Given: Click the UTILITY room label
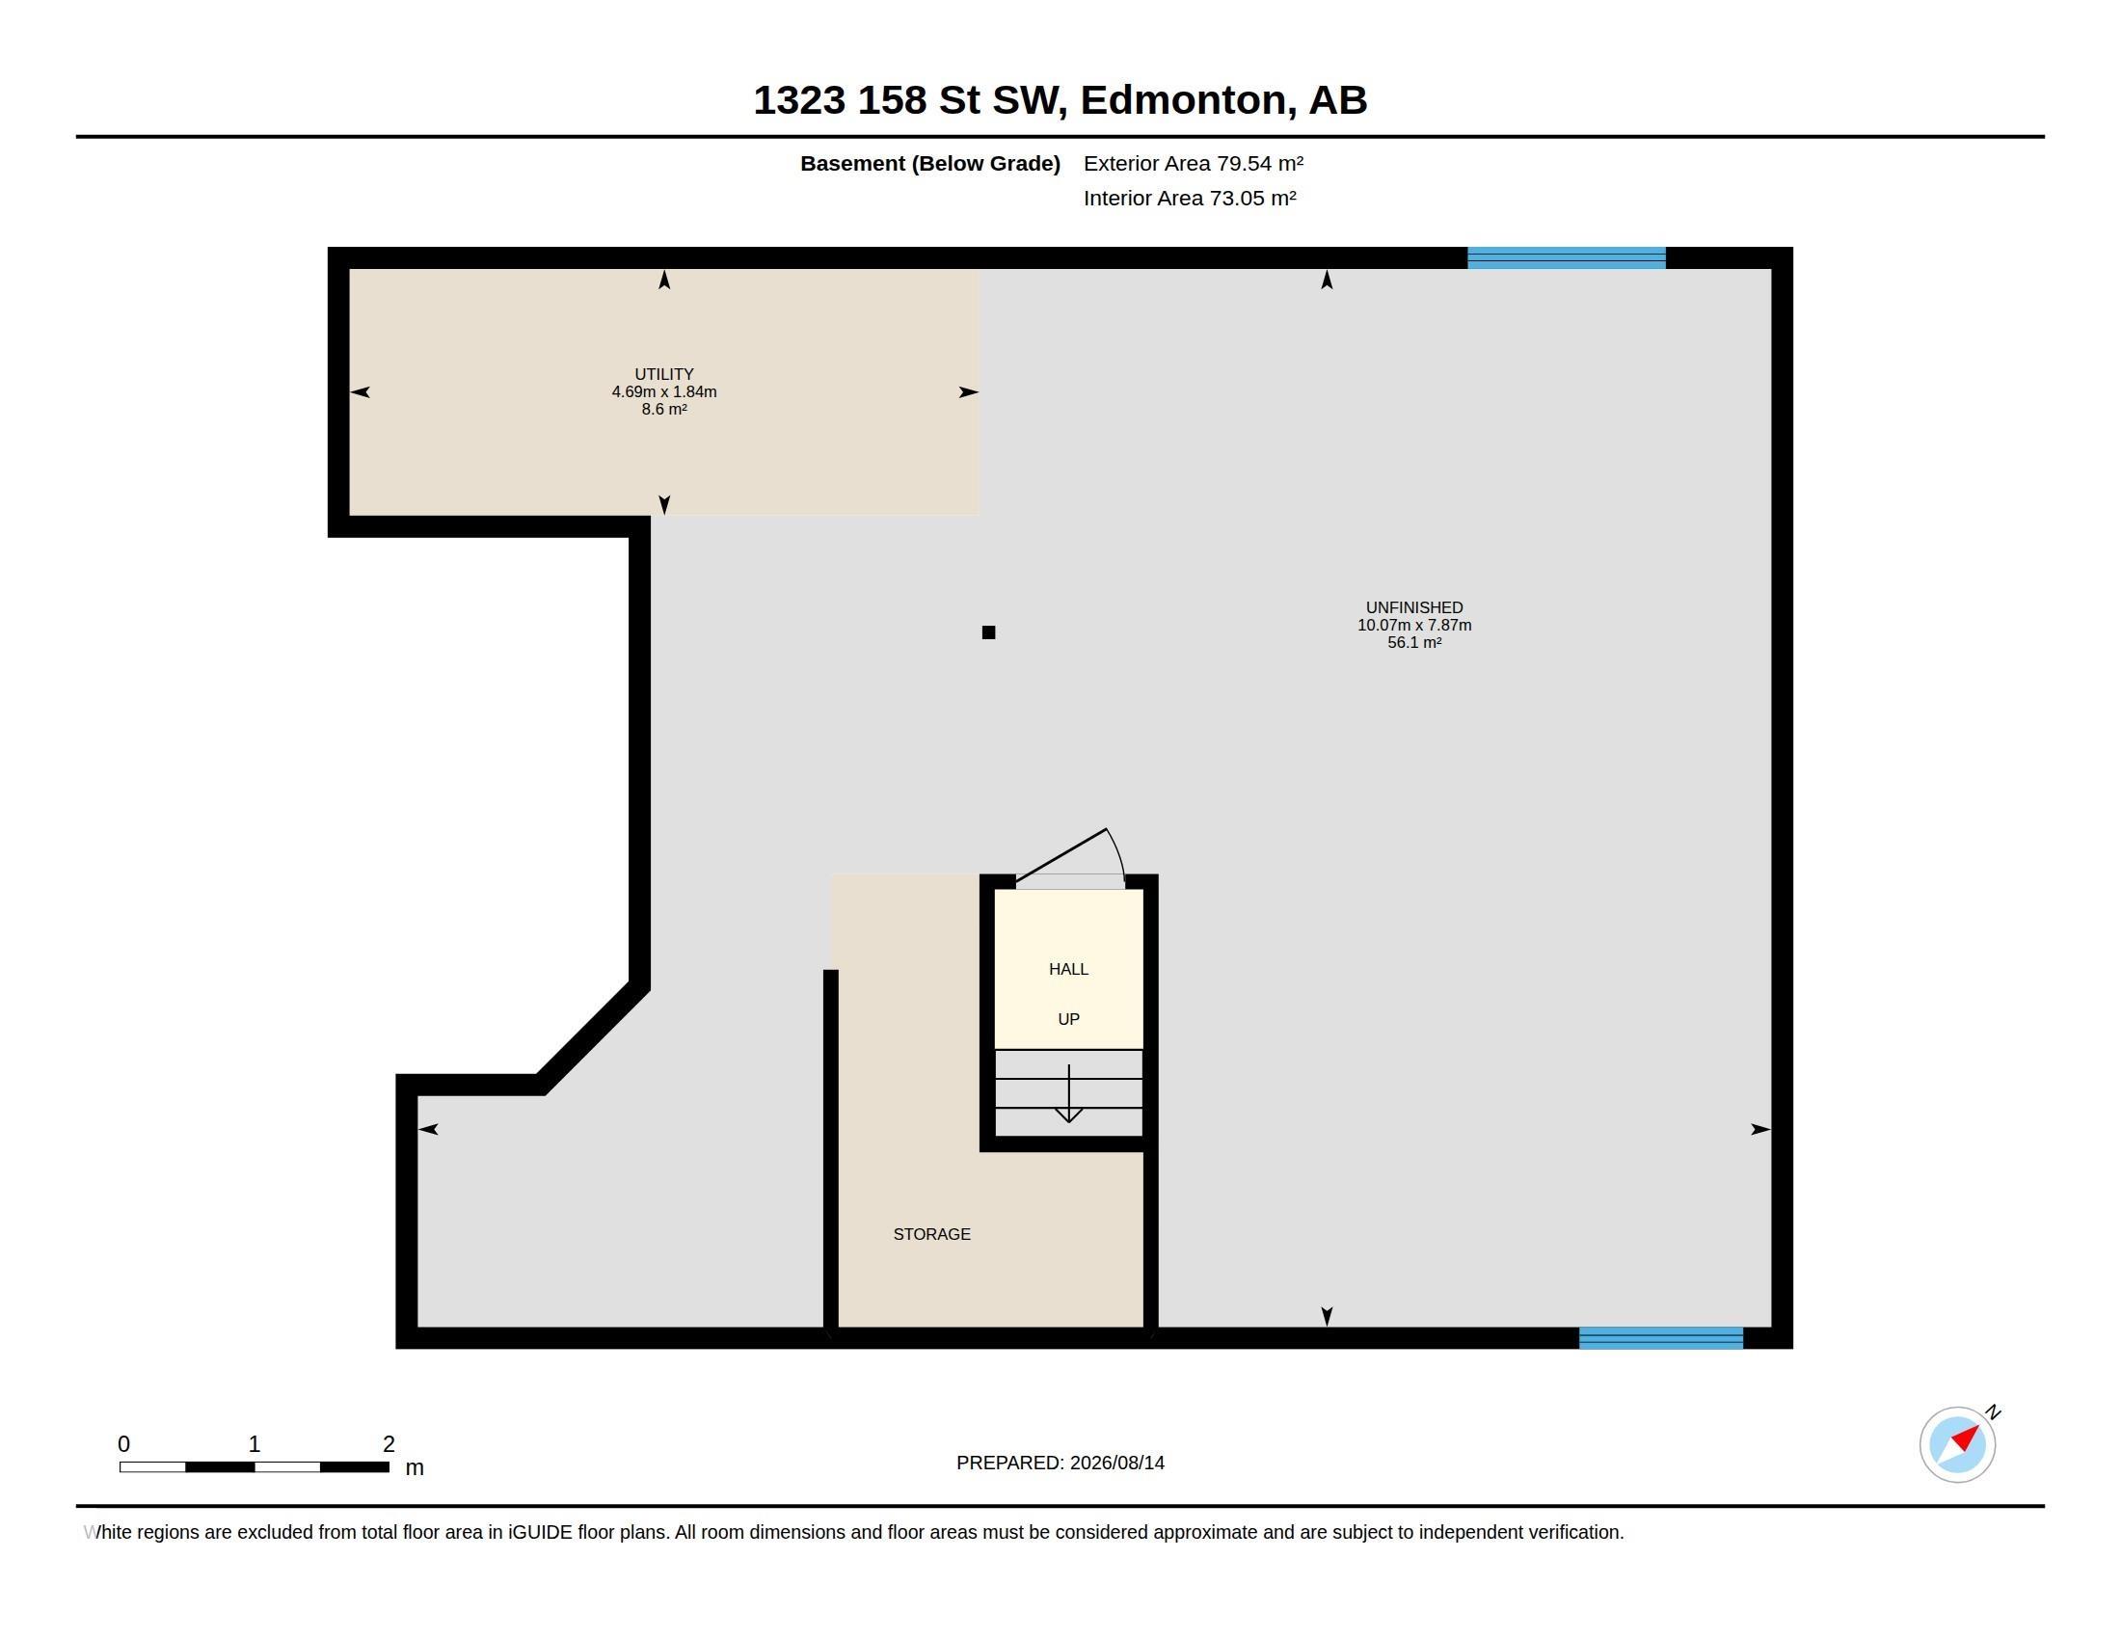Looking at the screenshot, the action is (664, 374).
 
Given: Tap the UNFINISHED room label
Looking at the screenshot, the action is (1414, 607).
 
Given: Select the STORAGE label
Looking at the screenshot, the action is (931, 1234).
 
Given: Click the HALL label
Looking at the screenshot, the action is (1068, 969).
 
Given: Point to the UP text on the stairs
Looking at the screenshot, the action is (1068, 1019).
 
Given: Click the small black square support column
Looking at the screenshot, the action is (988, 632).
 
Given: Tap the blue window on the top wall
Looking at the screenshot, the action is (1567, 257).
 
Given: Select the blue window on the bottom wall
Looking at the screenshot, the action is (1661, 1338).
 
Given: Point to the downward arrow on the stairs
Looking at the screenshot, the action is (1069, 1093).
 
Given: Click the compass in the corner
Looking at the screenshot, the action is (1958, 1444).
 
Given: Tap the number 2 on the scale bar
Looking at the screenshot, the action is (389, 1444).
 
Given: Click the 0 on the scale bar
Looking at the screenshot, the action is (123, 1444).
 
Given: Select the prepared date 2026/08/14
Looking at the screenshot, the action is (1116, 1464).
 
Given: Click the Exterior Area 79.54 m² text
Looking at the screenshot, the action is (1194, 163).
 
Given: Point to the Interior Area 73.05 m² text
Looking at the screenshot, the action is (1190, 198).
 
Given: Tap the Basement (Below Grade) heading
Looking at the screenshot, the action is (930, 163).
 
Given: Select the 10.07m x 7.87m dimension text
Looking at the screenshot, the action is (1414, 626).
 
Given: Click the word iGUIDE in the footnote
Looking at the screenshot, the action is (540, 1532).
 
